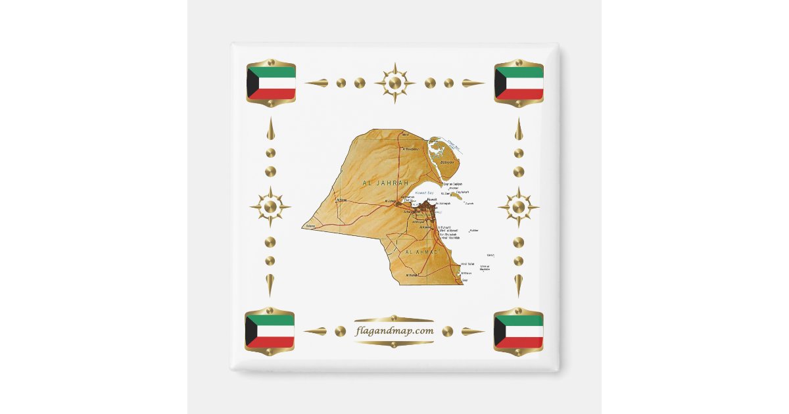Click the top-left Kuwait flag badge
pos(271,83)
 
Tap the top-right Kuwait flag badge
pos(519,83)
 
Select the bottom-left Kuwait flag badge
pos(270,331)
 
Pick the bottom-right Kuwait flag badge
pos(518,331)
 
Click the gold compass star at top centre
pos(394,83)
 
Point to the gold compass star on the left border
pos(270,207)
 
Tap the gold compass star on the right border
pos(519,207)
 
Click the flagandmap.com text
pos(394,331)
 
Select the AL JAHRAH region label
pos(385,182)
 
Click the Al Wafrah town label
pos(412,275)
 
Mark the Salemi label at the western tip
pos(310,226)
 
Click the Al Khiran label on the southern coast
pos(466,273)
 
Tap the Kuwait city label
pos(431,198)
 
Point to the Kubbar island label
pos(474,231)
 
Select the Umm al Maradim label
pos(485,267)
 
